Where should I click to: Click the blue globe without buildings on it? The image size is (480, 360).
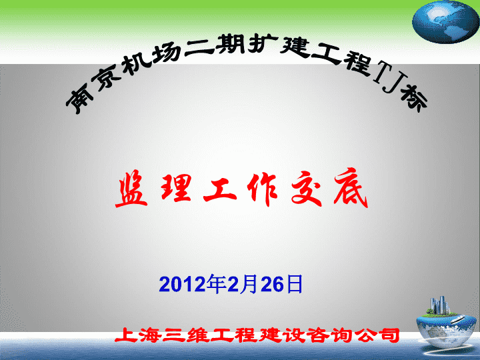pyautogui.click(x=445, y=21)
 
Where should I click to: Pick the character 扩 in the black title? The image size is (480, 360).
pyautogui.click(x=259, y=45)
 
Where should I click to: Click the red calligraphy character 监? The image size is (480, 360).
pyautogui.click(x=132, y=189)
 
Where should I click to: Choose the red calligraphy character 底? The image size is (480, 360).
pyautogui.click(x=351, y=188)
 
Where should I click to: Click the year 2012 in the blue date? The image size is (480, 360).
pyautogui.click(x=183, y=284)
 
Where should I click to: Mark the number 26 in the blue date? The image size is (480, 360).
pyautogui.click(x=273, y=284)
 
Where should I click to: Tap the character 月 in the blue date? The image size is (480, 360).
pyautogui.click(x=250, y=284)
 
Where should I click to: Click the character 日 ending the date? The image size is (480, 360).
pyautogui.click(x=293, y=284)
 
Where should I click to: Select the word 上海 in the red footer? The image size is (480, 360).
pyautogui.click(x=138, y=335)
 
